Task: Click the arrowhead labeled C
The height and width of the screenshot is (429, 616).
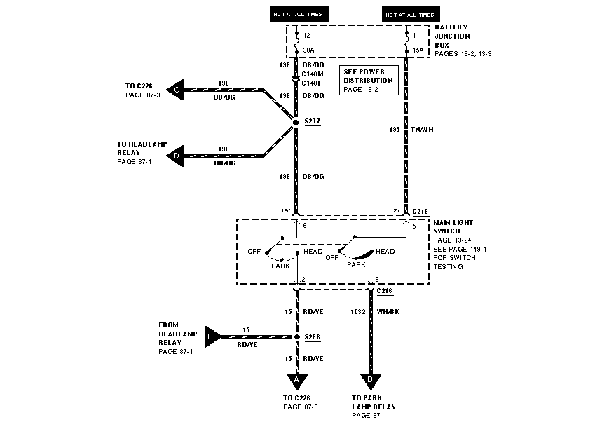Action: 176,90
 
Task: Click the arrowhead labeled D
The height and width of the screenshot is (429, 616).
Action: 176,156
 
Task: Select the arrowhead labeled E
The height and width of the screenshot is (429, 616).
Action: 211,336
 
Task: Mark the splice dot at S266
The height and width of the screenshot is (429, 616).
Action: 296,337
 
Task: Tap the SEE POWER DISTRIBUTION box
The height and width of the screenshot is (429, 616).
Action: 369,81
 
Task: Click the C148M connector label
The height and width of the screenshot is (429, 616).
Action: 312,74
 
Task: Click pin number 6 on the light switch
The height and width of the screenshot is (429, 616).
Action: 305,226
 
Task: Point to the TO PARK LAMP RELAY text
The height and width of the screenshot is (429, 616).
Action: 374,402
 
